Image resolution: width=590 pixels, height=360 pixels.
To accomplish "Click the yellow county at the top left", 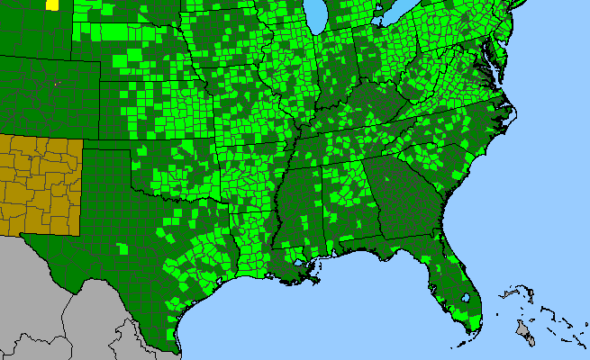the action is click(51, 4).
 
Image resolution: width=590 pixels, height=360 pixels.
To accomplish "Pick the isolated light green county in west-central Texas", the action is click(123, 246).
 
